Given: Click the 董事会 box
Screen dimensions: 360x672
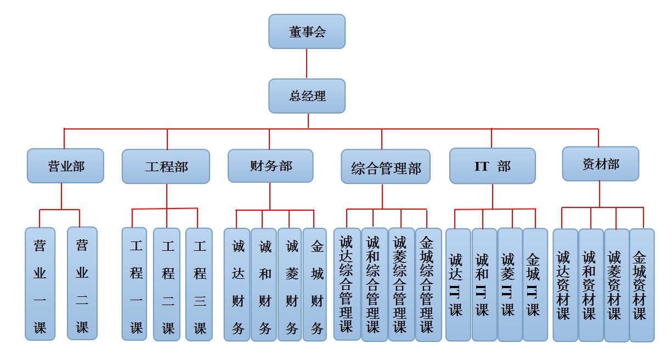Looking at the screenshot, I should [307, 31].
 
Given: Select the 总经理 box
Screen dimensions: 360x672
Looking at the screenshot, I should [307, 96].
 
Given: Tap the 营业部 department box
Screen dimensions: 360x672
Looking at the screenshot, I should [65, 166].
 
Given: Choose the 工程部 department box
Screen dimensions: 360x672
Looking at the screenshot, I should [166, 166].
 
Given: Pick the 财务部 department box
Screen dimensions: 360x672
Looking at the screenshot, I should [270, 166].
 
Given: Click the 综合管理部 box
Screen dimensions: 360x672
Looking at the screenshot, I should [386, 167].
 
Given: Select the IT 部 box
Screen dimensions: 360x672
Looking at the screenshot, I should [492, 166].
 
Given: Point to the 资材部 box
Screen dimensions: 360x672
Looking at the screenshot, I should [601, 164].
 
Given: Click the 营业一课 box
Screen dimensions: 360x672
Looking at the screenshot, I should [40, 284].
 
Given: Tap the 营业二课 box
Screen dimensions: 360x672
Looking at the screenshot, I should [82, 283].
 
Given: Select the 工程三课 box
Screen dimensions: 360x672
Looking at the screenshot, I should [199, 284].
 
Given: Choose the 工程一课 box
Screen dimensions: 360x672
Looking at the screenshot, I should [134, 284].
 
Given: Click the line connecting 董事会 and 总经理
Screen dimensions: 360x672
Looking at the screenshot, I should [307, 64].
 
